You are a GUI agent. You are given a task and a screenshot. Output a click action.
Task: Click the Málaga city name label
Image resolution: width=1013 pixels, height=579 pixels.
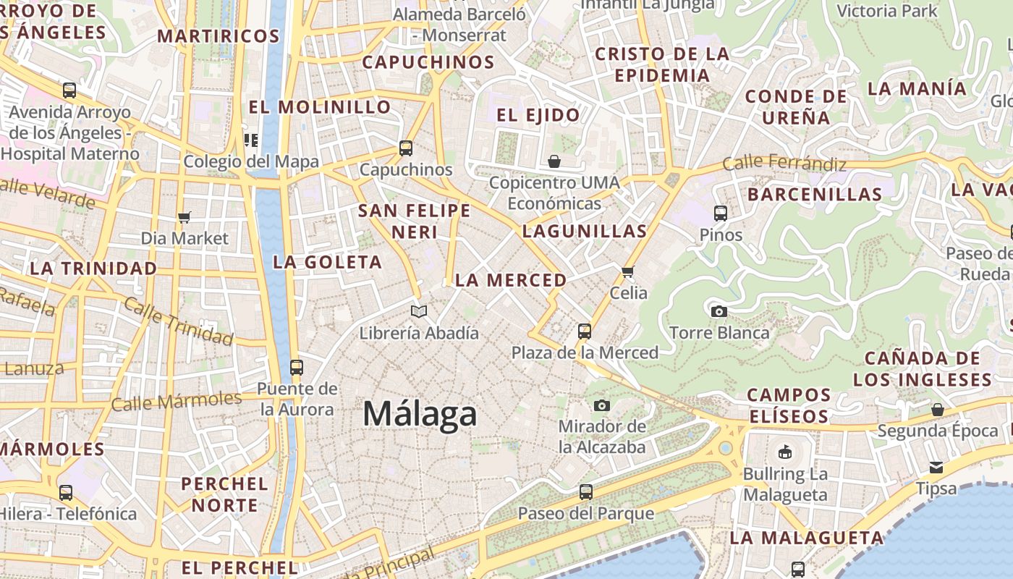[420, 414]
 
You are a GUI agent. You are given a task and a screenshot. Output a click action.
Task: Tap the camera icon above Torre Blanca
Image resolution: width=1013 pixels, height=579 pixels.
[719, 311]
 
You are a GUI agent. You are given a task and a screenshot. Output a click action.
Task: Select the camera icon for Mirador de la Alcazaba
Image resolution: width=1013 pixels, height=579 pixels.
[602, 405]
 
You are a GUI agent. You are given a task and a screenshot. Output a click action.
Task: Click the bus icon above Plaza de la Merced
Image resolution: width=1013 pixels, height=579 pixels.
[585, 331]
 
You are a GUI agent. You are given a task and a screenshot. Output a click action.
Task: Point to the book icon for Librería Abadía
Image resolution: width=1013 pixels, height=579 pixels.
[419, 311]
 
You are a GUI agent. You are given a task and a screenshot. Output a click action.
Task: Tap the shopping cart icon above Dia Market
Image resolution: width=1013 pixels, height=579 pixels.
[185, 217]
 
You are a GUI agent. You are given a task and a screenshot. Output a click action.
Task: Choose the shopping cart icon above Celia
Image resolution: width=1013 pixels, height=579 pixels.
[627, 271]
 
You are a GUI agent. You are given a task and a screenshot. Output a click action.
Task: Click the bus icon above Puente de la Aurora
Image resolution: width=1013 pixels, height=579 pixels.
[296, 367]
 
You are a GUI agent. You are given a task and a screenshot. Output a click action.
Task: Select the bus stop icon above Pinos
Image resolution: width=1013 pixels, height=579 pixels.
[720, 213]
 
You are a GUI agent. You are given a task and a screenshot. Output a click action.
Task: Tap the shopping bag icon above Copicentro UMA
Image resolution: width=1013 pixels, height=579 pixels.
[554, 161]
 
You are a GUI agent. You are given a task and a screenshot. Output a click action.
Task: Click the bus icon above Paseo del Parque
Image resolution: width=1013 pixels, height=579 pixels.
[585, 492]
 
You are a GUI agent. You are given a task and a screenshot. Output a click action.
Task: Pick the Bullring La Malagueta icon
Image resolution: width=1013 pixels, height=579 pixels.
[784, 452]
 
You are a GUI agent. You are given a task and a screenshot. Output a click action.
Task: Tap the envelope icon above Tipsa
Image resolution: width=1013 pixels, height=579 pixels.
[936, 467]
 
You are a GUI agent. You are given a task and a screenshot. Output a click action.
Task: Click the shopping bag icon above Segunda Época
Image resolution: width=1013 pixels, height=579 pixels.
[938, 410]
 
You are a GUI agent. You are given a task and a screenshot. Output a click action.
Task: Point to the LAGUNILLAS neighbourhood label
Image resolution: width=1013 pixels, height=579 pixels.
[585, 232]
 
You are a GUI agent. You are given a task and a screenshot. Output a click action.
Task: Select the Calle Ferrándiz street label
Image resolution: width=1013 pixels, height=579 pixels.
[784, 163]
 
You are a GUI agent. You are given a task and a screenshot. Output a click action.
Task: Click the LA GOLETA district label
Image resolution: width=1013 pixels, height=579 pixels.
[327, 262]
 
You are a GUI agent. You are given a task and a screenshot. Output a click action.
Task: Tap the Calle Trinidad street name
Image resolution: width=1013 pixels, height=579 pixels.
[178, 321]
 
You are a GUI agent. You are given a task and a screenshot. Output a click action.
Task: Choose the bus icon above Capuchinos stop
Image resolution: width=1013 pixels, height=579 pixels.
[406, 148]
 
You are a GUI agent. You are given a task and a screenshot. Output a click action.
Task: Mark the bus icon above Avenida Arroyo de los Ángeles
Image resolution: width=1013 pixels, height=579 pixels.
[69, 90]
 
